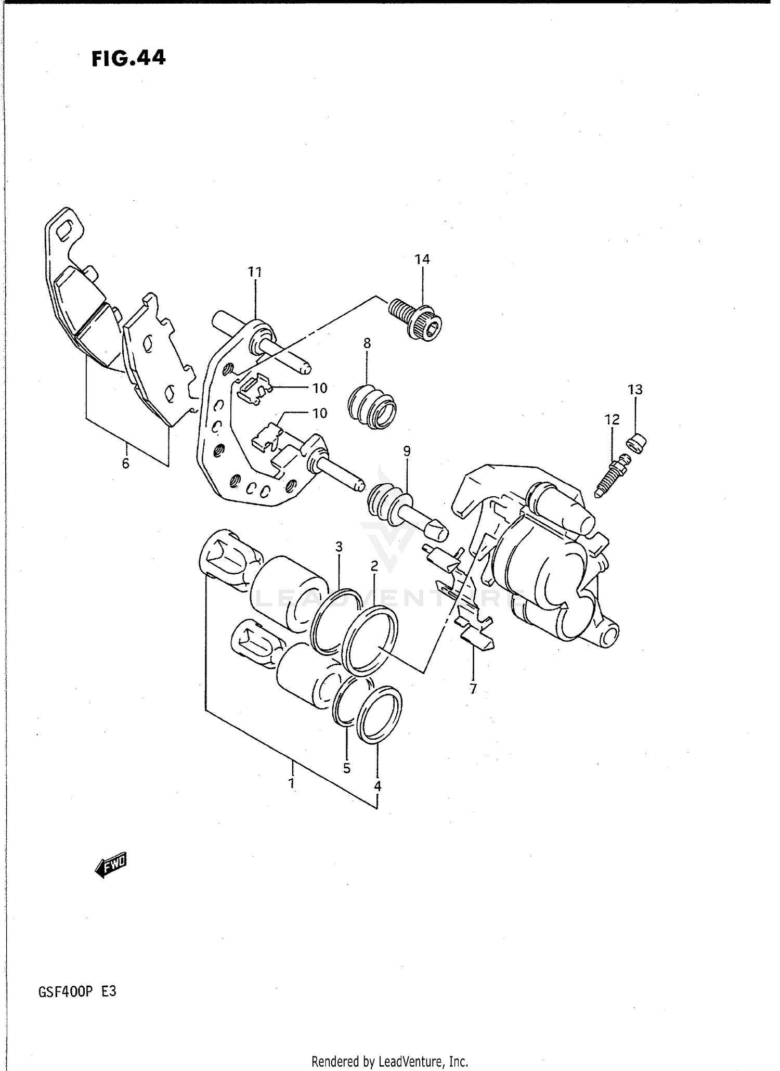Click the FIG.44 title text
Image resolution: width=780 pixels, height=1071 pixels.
pyautogui.click(x=128, y=58)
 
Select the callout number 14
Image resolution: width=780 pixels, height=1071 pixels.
pyautogui.click(x=422, y=259)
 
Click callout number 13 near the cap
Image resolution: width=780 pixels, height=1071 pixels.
pyautogui.click(x=635, y=390)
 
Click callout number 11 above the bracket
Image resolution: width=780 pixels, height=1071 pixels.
pyautogui.click(x=254, y=272)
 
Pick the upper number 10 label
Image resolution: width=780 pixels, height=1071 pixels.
pyautogui.click(x=319, y=388)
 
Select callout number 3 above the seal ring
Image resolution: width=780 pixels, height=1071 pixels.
pyautogui.click(x=339, y=547)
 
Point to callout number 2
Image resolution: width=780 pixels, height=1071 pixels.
pyautogui.click(x=374, y=565)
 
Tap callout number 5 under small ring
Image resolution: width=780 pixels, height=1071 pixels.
pyautogui.click(x=347, y=768)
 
